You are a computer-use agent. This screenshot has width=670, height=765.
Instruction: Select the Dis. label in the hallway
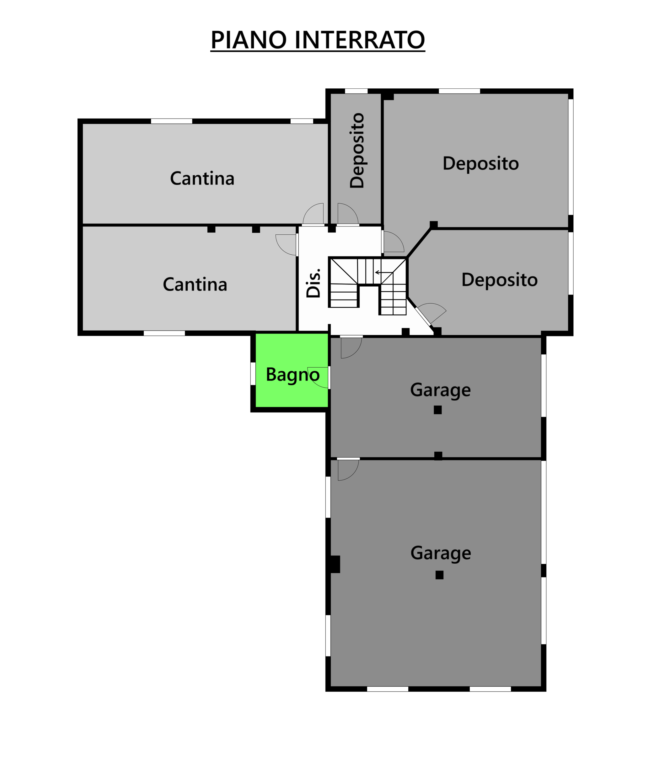pos(313,283)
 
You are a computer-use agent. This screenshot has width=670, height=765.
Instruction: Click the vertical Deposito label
pos(357,150)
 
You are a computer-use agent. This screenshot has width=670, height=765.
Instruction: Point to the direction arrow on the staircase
pos(384,273)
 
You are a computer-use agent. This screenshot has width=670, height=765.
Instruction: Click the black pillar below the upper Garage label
pos(438,410)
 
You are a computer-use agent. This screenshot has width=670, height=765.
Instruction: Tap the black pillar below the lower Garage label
pos(440,575)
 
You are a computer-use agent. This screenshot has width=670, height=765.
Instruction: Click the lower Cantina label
pos(195,284)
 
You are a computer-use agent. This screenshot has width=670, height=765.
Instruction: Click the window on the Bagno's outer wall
pos(253,373)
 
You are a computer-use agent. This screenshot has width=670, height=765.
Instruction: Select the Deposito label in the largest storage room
pos(481,164)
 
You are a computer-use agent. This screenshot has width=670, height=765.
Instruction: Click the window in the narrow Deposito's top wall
pos(356,91)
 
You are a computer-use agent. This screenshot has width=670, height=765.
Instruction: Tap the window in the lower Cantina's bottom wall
pos(164,333)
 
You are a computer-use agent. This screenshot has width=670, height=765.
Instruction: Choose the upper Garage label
pos(440,390)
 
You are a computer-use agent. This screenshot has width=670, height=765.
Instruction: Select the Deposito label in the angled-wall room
pos(500,280)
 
